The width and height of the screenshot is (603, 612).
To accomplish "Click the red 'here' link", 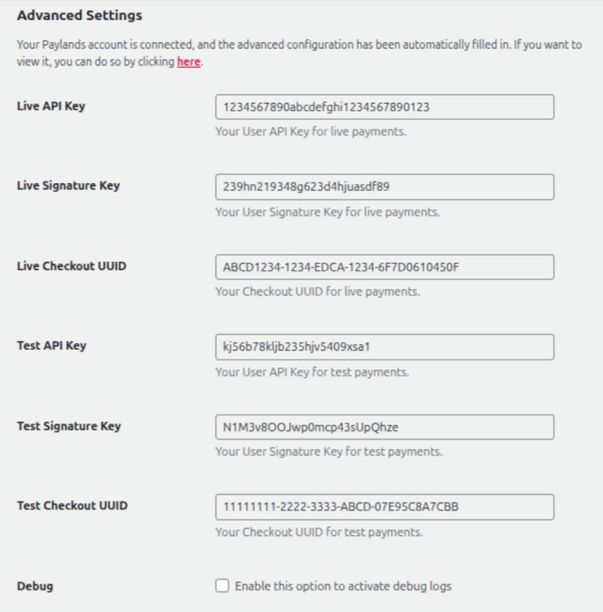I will [x=188, y=62].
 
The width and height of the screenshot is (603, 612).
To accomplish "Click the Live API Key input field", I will [x=385, y=107].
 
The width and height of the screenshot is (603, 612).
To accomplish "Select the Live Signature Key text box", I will [x=385, y=187].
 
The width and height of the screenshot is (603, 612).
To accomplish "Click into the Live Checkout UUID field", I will [x=385, y=267].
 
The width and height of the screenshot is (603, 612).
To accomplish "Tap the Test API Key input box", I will [x=385, y=347].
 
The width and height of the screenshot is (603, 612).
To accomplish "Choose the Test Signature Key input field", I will [x=385, y=427].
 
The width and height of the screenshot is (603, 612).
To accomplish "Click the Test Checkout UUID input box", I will [x=385, y=507].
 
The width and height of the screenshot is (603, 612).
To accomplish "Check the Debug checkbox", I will [x=222, y=586].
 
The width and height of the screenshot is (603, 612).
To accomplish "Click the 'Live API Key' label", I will [x=51, y=106].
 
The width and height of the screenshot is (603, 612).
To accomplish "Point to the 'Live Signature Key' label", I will [x=68, y=186].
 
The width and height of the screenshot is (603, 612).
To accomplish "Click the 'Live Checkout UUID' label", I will [x=71, y=266].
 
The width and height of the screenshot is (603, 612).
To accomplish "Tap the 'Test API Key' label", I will [x=52, y=346].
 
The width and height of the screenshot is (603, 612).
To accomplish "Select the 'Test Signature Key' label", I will [x=69, y=426].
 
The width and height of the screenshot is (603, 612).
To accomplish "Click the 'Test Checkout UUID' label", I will [x=72, y=506].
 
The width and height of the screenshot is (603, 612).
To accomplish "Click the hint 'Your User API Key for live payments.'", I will [x=311, y=132].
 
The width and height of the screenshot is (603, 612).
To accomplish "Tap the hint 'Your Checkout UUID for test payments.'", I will [x=319, y=532].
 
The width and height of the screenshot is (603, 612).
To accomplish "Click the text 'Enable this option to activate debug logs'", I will [x=343, y=586].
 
